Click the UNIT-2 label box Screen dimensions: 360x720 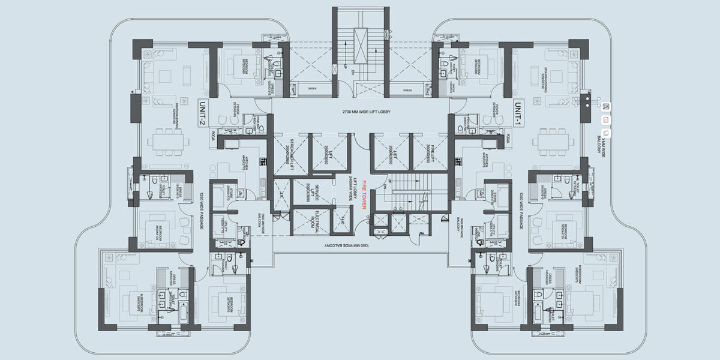click(x=201, y=112)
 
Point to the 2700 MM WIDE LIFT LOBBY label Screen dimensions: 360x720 click(x=359, y=112)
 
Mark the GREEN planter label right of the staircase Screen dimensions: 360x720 click(x=407, y=90)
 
